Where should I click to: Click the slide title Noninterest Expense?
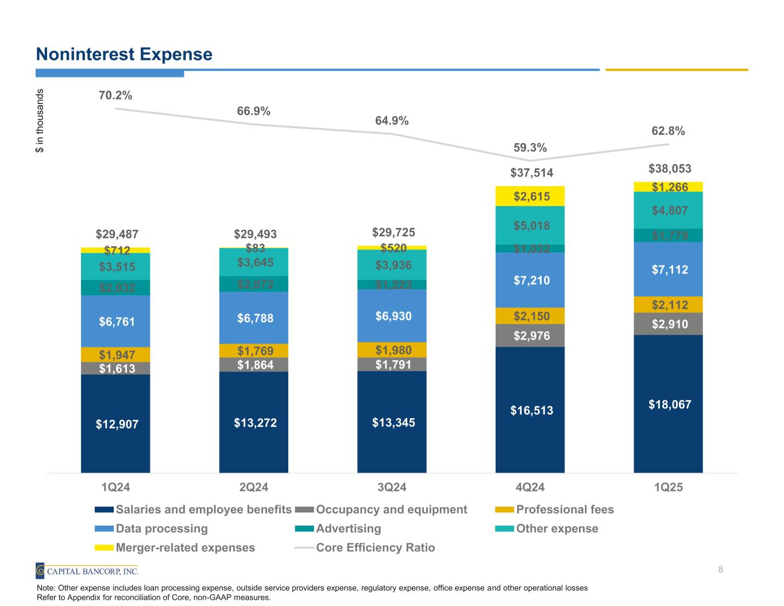(124, 55)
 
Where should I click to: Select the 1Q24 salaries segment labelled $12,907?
(115, 424)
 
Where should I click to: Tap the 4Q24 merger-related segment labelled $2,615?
(530, 196)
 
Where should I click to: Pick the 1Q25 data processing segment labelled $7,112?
(668, 269)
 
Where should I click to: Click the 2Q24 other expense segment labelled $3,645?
(253, 263)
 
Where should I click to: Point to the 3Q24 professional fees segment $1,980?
(392, 350)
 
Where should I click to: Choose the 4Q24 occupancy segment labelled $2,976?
(530, 335)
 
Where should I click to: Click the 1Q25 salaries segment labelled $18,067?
(668, 404)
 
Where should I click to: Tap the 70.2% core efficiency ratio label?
(115, 95)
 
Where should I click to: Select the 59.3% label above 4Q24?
(530, 148)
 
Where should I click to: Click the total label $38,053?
(670, 168)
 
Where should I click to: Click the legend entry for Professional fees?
(565, 509)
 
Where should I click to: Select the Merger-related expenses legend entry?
(185, 547)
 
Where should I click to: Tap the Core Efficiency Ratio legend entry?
(375, 547)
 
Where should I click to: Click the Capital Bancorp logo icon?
(40, 570)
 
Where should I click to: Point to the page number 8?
(720, 569)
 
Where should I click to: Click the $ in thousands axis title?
(40, 121)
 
